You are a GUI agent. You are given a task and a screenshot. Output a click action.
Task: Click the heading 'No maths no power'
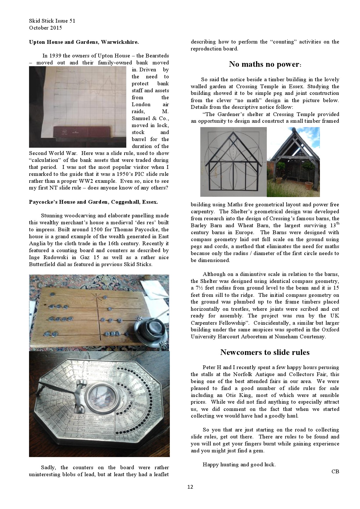(x=264, y=64)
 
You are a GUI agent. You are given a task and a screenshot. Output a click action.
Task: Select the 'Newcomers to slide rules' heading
(x=265, y=352)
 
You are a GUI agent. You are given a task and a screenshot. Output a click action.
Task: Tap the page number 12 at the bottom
(x=190, y=487)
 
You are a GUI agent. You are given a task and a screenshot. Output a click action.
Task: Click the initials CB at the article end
(x=335, y=472)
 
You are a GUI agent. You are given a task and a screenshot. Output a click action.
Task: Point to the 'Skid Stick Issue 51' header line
(x=52, y=21)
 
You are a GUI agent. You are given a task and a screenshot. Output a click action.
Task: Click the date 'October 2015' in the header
(x=45, y=28)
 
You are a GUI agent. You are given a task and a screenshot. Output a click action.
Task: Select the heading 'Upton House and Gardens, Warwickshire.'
(x=84, y=42)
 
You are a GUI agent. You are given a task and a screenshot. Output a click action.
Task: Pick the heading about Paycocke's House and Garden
(x=93, y=202)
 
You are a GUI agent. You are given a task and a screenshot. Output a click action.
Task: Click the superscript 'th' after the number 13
(x=337, y=223)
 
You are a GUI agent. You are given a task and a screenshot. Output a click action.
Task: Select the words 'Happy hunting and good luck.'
(x=239, y=465)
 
